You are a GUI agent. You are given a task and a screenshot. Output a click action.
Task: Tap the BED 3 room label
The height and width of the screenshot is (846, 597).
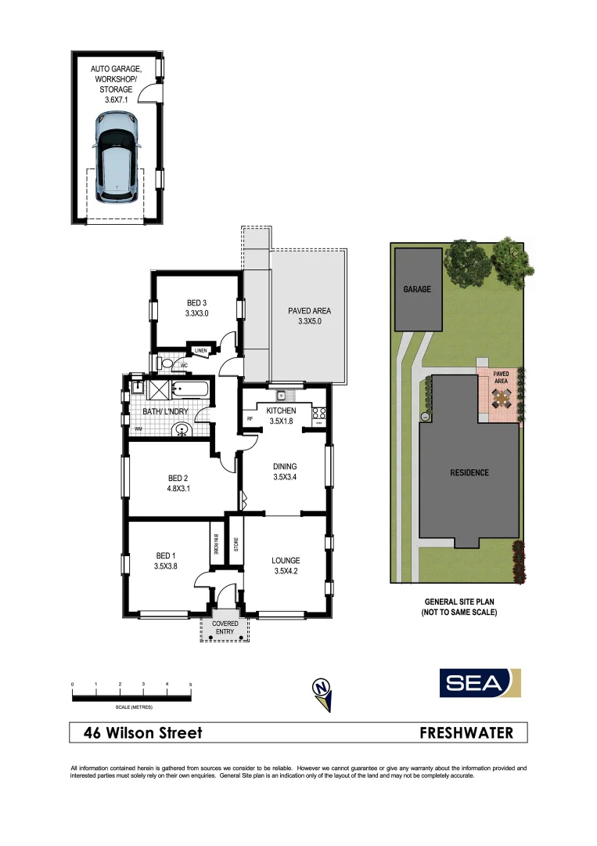196,303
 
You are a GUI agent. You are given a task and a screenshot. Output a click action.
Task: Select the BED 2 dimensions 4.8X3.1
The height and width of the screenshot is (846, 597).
178,489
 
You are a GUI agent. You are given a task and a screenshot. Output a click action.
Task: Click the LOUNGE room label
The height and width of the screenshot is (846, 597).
286,561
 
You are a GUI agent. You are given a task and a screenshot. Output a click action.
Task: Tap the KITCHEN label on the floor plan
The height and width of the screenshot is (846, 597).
281,410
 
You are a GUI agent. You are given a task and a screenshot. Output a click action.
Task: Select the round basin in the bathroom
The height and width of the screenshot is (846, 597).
182,428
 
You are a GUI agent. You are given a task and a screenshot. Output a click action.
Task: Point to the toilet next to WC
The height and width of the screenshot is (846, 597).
165,364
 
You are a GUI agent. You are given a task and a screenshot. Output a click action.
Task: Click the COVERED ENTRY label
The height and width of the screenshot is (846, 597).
225,628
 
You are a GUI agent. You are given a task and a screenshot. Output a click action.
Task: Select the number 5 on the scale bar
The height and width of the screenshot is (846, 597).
190,685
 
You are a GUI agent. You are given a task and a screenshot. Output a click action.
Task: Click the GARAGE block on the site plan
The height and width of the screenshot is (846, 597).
417,289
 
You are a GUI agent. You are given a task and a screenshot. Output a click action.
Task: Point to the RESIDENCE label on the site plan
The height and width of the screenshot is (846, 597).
469,472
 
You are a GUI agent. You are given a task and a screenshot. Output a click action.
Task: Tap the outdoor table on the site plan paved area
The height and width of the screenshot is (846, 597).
501,400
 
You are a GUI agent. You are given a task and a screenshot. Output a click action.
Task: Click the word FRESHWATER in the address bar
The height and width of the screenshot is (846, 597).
466,733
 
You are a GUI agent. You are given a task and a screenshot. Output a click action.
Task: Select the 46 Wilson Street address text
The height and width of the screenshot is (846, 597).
143,733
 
